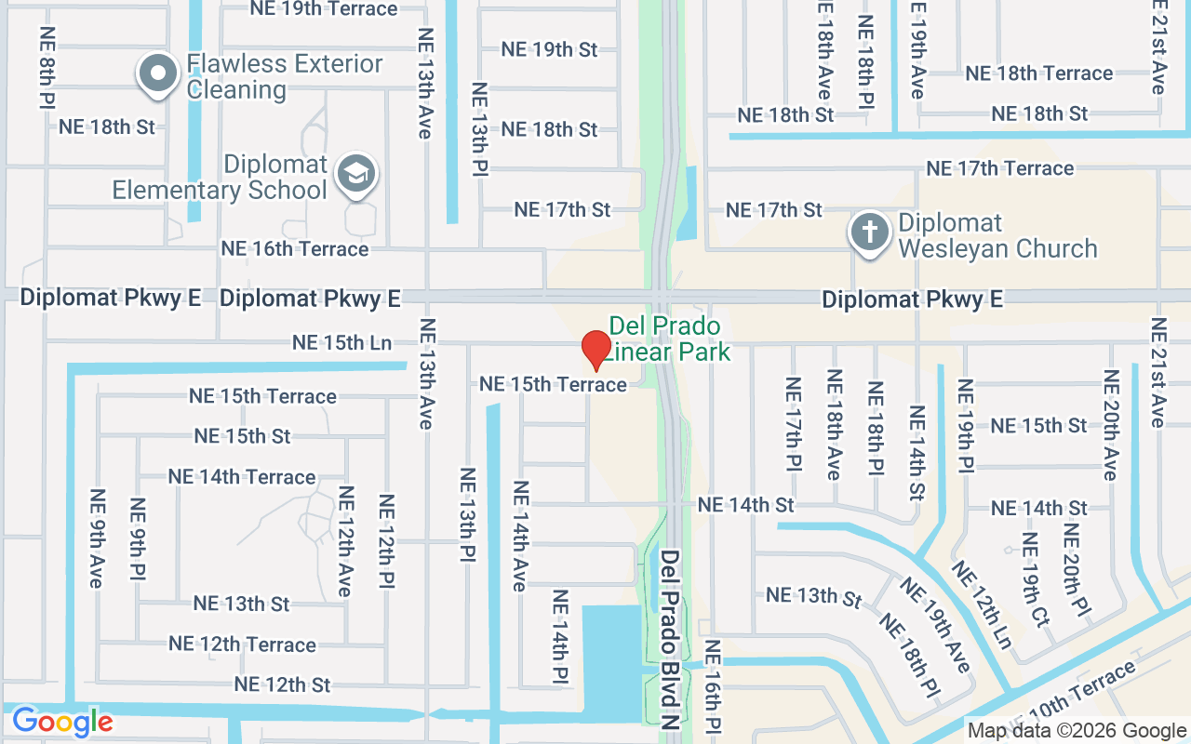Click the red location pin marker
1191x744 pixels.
(x=595, y=350)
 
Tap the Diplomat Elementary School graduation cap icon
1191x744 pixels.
(x=355, y=174)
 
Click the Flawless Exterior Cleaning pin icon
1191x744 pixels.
(x=158, y=73)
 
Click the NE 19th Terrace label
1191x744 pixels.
(x=324, y=9)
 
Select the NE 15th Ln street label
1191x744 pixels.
(x=341, y=342)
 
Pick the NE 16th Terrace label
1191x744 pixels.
(x=294, y=249)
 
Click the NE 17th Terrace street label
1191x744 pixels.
(x=999, y=168)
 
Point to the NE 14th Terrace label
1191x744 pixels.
(x=242, y=477)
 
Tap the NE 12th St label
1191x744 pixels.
(x=282, y=684)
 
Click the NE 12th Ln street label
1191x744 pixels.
(x=981, y=605)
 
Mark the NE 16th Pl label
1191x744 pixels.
(x=713, y=686)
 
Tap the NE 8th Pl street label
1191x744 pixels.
(x=47, y=67)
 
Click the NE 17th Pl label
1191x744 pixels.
(x=793, y=424)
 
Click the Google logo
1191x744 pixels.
(x=62, y=722)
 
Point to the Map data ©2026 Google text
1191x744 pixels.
(x=1077, y=731)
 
